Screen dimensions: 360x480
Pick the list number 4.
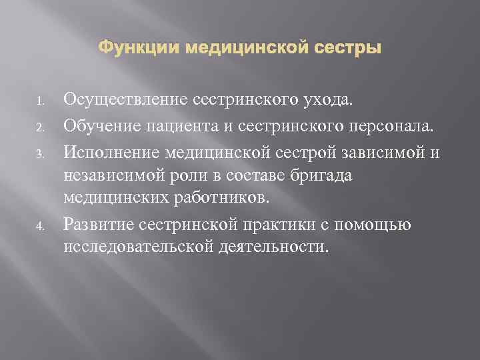point(41,225)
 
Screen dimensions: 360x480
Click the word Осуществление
point(125,100)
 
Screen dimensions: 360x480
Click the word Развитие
point(97,223)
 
